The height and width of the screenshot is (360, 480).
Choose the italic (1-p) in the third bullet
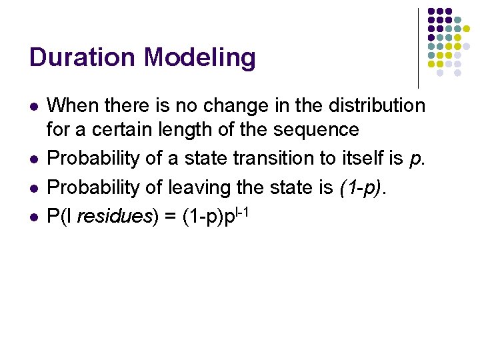tap(361, 189)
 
